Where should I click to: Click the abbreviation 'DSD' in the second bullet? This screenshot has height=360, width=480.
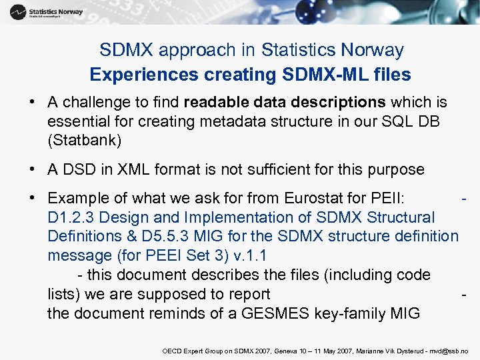79,169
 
